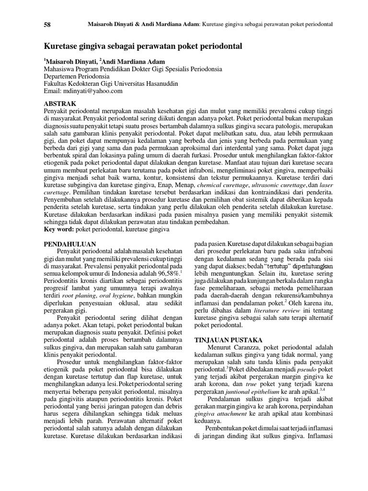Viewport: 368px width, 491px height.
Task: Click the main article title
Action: point(143,47)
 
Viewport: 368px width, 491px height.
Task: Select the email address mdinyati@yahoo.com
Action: point(92,91)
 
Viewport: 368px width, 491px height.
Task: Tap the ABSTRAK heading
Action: point(60,103)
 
